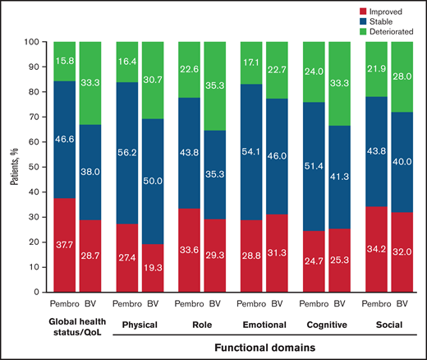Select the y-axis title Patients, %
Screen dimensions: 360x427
(13, 166)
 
